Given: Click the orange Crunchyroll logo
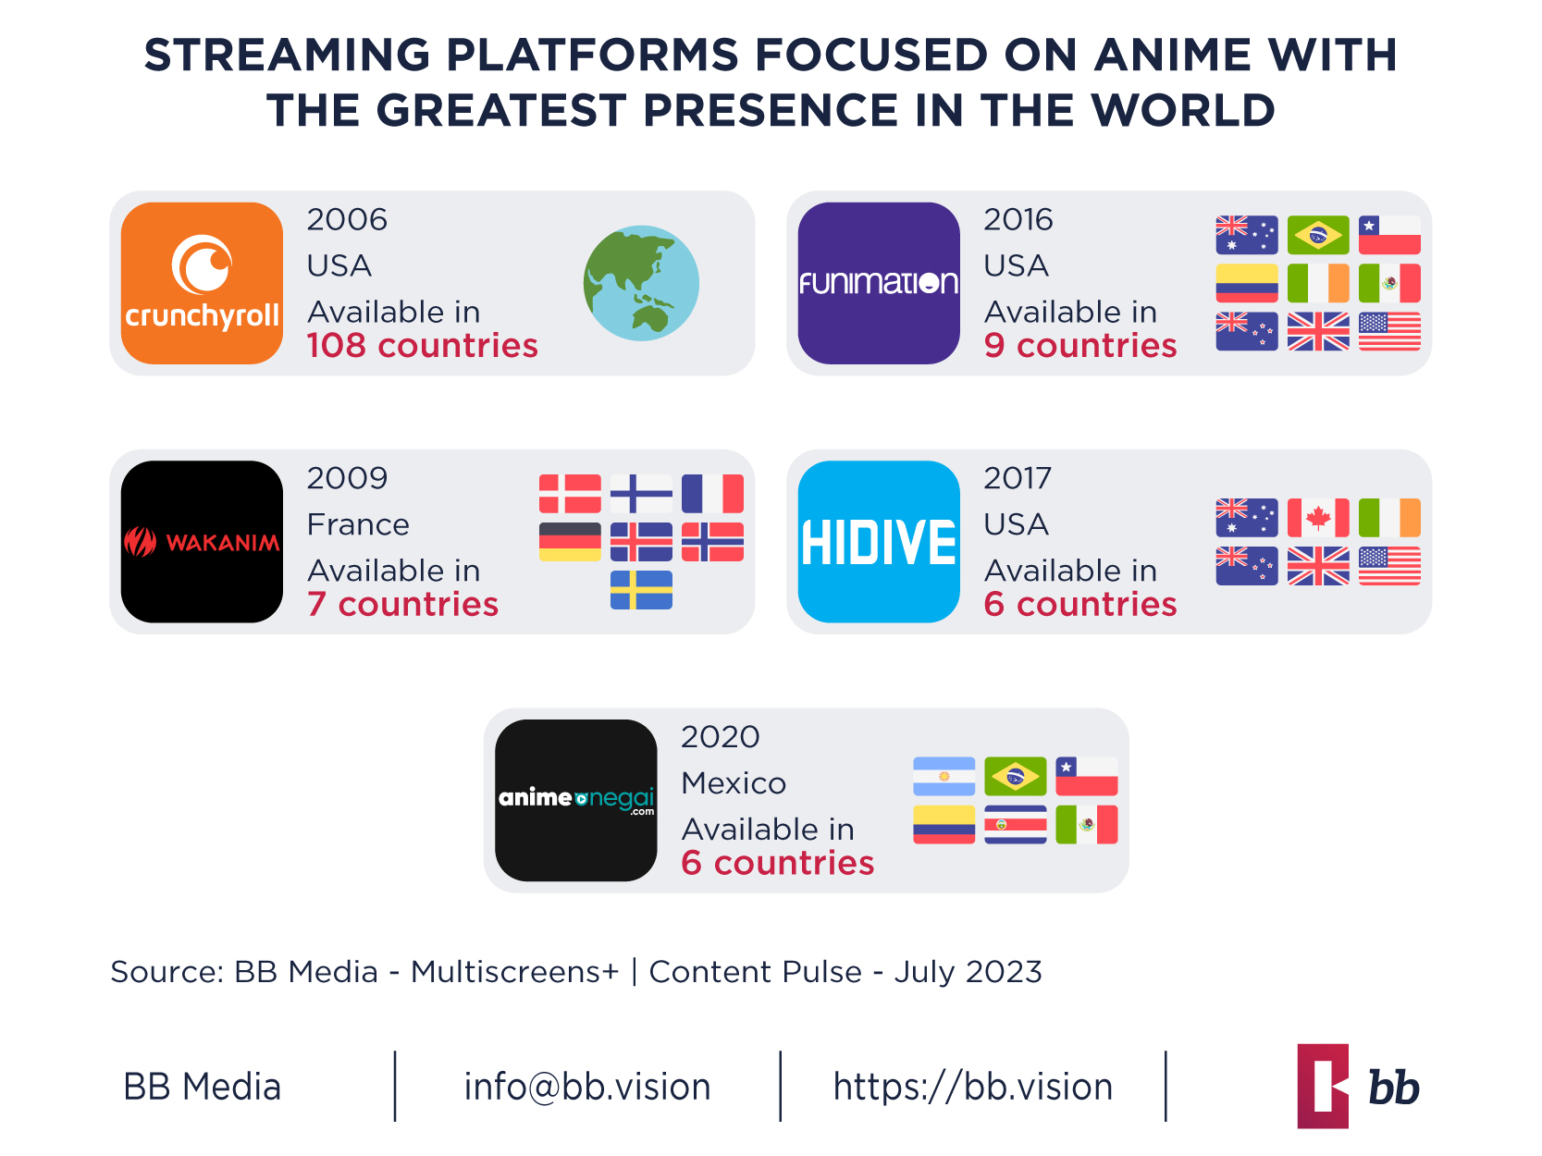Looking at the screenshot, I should pos(202,283).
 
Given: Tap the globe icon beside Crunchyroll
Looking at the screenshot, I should pos(641,283).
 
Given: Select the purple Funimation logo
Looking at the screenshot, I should pos(879,283).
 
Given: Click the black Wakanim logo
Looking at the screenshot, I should pos(202,542).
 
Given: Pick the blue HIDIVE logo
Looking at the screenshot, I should pos(879,542).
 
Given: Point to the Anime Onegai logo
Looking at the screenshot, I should pos(575,800).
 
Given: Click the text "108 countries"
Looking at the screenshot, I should pos(422,346).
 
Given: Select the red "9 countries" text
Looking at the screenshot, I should pos(1079,346).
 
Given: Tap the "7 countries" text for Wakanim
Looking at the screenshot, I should pos(402,605).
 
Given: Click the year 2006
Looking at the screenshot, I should pos(347,220).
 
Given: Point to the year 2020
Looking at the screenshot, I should pos(720,737).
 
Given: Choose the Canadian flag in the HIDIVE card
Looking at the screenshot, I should pos(1318,518).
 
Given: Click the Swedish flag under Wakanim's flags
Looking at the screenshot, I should pos(641,590).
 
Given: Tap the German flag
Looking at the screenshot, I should pos(570,542).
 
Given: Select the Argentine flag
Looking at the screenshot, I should pos(944,777).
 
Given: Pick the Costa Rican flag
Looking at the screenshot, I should pos(1015,825).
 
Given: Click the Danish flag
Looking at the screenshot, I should pos(570,494).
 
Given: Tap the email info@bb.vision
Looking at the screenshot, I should pos(587,1087).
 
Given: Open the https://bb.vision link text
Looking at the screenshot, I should pos(972,1087).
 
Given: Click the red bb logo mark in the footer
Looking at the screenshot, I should pos(1323,1087).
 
